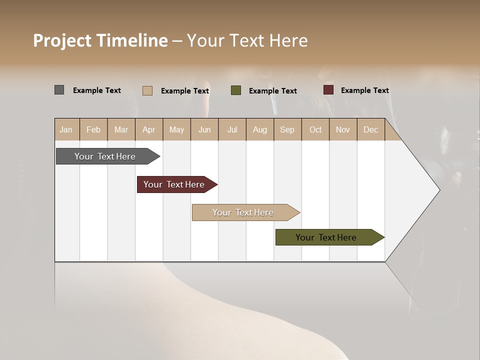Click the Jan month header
(66, 129)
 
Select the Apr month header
(148, 129)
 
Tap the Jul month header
(232, 129)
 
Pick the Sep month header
(287, 129)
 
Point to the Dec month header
(370, 129)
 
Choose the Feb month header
(93, 129)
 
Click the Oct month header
(315, 129)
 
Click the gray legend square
(59, 90)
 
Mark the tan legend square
(147, 90)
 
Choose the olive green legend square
(236, 90)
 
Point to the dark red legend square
(328, 90)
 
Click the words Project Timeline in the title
(100, 40)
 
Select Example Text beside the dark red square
(364, 90)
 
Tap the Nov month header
(342, 129)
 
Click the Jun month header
(204, 129)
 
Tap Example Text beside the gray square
(97, 90)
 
